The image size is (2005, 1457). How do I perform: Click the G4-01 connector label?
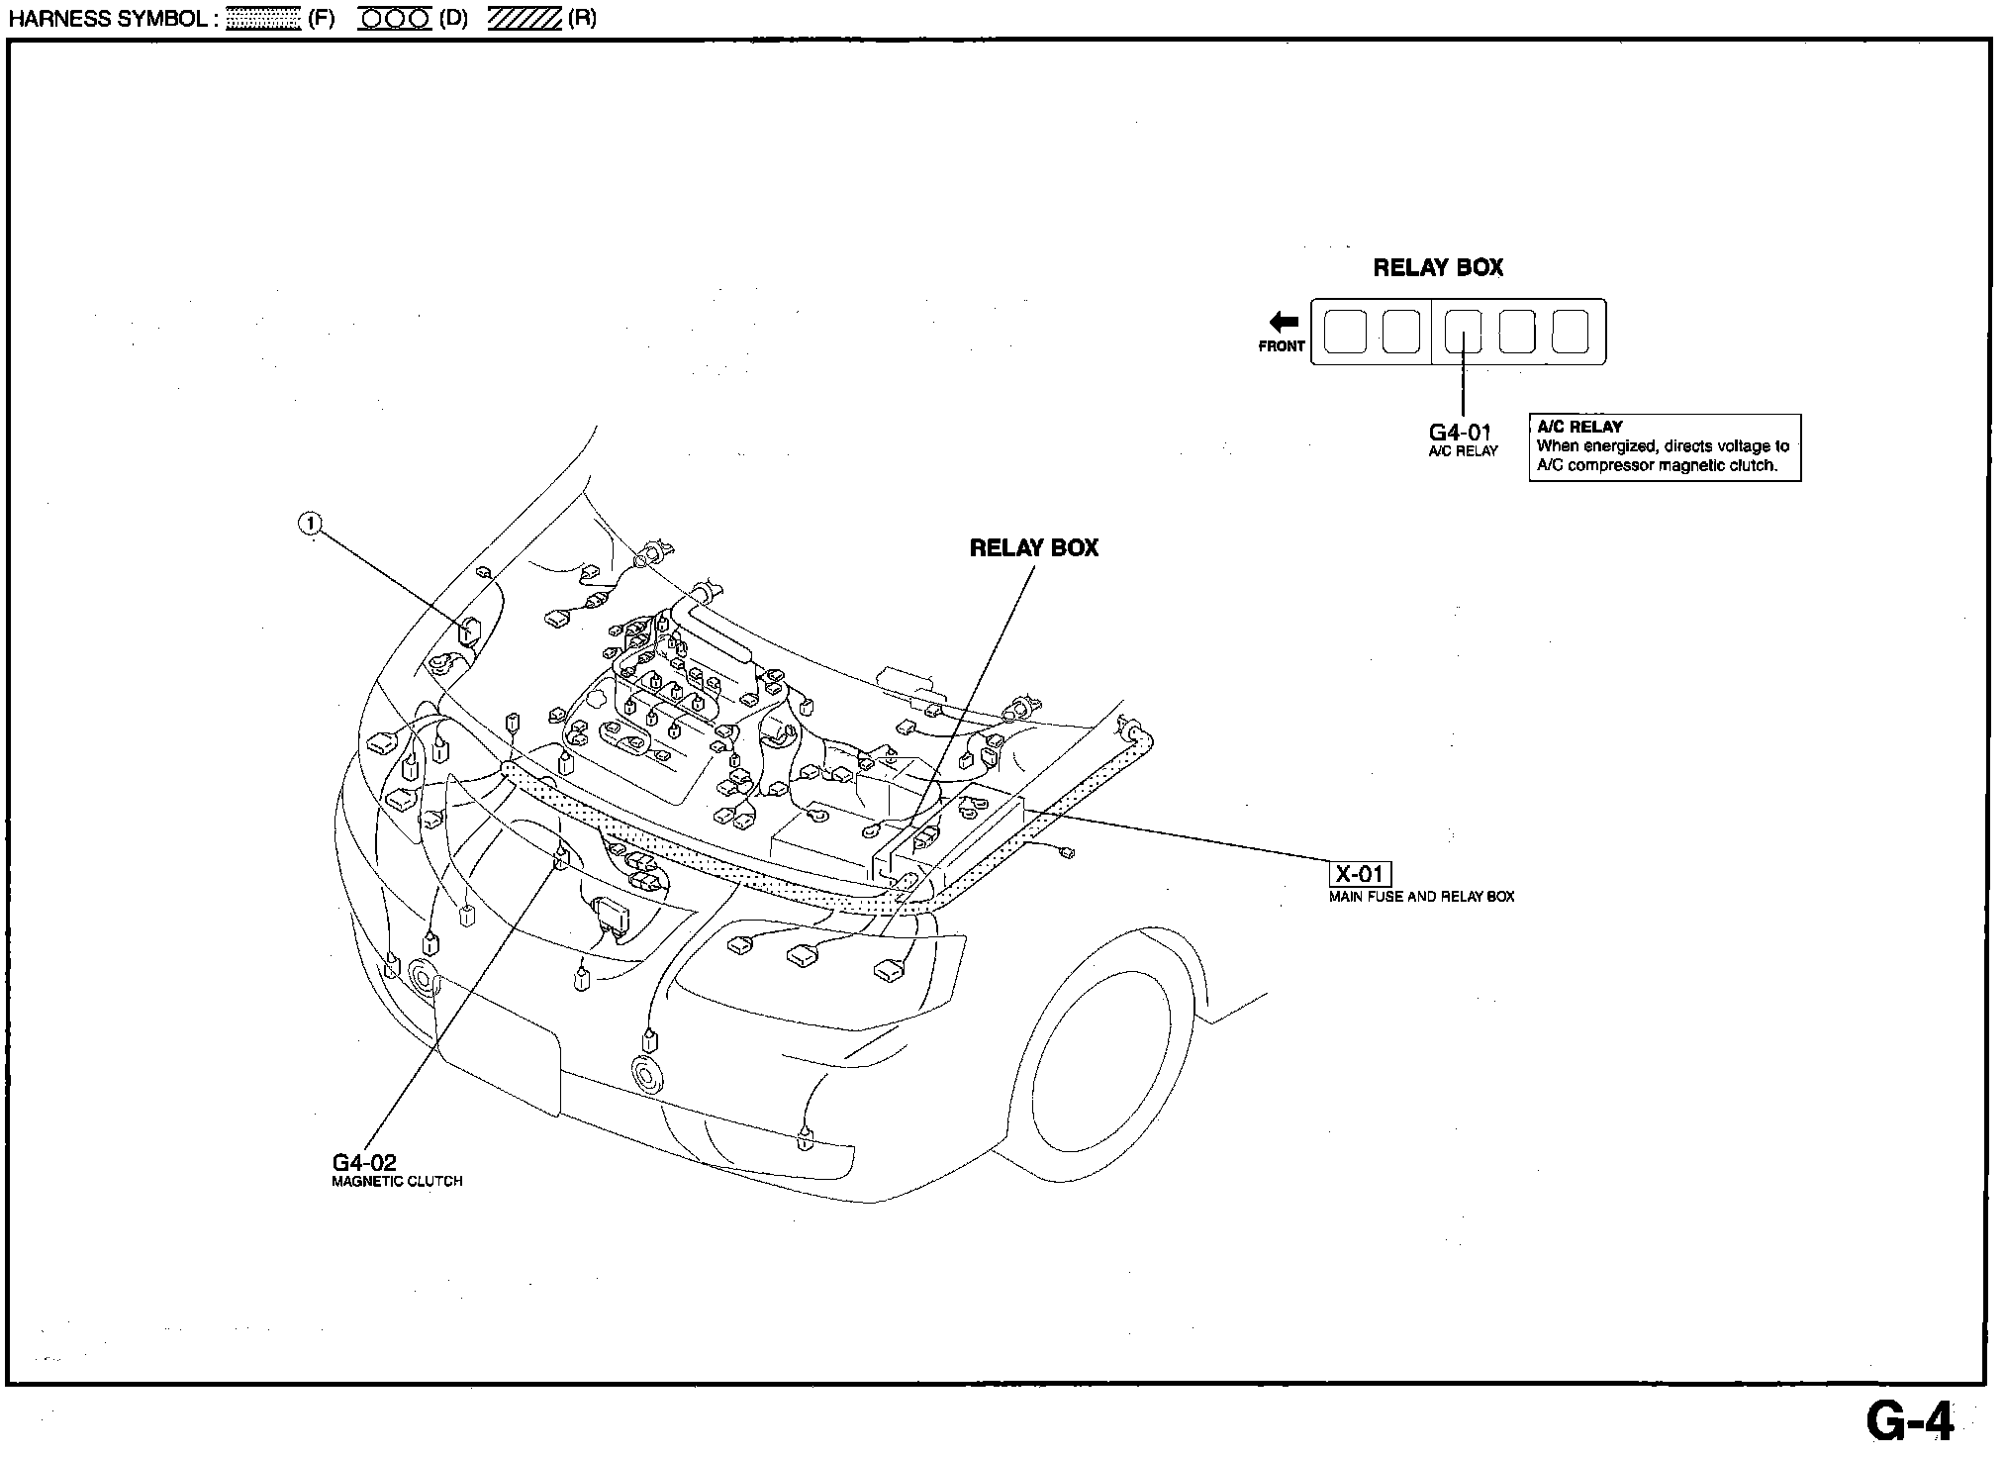click(1460, 433)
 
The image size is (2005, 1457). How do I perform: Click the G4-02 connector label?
click(364, 1163)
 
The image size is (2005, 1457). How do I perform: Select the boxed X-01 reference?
click(1359, 874)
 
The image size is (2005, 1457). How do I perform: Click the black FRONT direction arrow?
click(1284, 322)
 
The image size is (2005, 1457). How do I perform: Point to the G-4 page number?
click(1910, 1422)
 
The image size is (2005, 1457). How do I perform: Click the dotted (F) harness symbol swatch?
click(263, 19)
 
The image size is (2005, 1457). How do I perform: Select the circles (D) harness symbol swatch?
click(394, 19)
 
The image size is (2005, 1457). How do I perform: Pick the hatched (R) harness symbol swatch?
click(525, 19)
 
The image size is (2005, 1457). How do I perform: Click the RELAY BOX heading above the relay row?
click(1438, 268)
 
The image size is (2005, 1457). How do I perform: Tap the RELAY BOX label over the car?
click(1033, 548)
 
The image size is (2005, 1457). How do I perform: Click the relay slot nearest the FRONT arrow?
click(1343, 332)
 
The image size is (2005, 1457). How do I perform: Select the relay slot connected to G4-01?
click(1463, 332)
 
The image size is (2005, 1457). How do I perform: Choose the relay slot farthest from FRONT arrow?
click(1570, 332)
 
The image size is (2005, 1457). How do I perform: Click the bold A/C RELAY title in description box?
click(1579, 427)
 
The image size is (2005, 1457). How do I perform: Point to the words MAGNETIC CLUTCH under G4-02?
click(397, 1182)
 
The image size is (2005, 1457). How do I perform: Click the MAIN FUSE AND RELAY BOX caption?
click(1421, 897)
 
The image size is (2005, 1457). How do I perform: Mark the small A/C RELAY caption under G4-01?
click(1463, 451)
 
